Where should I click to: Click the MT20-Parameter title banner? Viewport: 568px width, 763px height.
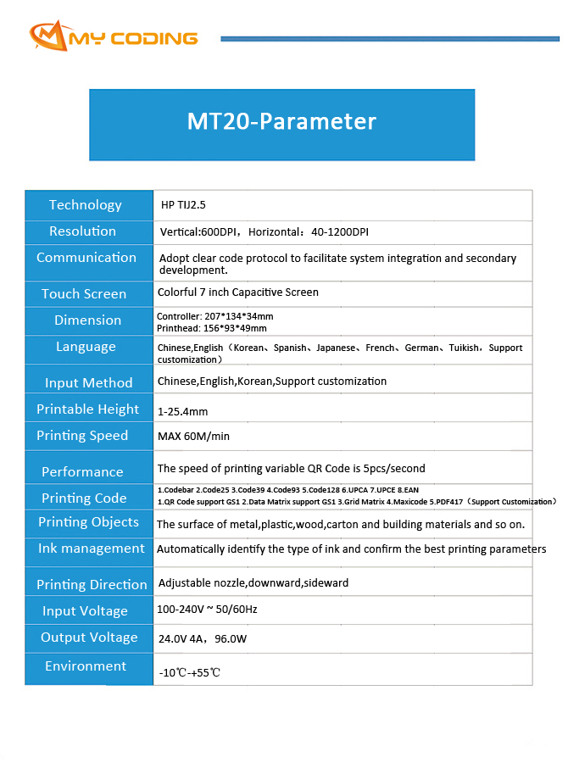[281, 122]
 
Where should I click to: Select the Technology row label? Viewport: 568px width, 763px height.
[86, 204]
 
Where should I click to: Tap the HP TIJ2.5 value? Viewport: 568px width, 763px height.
[183, 205]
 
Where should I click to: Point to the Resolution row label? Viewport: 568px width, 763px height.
[82, 231]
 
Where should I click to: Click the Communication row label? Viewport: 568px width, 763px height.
[86, 258]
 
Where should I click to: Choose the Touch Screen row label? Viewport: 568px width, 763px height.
[84, 294]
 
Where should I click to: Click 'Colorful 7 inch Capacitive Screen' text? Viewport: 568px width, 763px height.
[238, 292]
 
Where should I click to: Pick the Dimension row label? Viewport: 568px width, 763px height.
[87, 320]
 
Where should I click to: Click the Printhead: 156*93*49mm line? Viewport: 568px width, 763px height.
[212, 328]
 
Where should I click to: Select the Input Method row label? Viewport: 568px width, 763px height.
[89, 383]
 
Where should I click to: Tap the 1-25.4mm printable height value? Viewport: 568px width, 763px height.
[182, 412]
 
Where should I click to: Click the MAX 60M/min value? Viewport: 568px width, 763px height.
[193, 437]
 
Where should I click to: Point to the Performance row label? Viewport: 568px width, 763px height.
[82, 472]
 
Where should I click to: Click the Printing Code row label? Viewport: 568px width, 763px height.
[84, 498]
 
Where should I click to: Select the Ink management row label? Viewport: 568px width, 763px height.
[91, 549]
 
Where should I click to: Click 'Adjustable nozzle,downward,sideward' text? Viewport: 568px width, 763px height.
[253, 583]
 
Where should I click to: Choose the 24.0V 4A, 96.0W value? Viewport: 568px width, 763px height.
[203, 638]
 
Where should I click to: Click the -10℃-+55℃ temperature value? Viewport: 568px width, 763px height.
[190, 673]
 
